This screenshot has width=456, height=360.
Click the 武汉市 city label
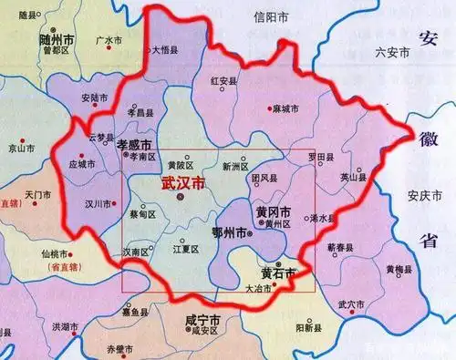[x=182, y=182]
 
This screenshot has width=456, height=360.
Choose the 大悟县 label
[x=165, y=51]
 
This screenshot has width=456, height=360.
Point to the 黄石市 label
[x=278, y=272]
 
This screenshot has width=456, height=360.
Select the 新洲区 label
[x=237, y=167]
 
